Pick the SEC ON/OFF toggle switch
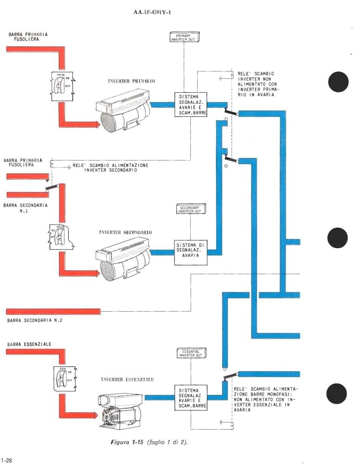tap(60, 236)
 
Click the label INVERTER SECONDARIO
tap(125, 232)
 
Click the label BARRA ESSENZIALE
tap(29, 344)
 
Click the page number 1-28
tap(6, 461)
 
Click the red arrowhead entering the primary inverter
tap(96, 124)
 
